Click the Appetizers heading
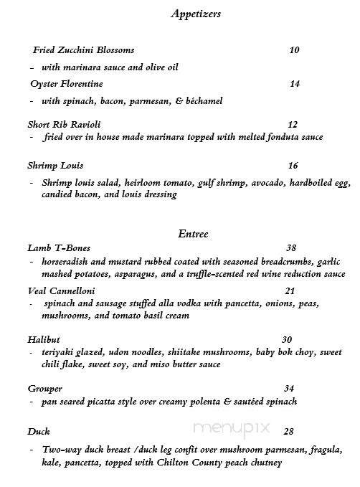tap(196, 13)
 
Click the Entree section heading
tap(192, 233)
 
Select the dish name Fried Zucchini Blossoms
tap(84, 50)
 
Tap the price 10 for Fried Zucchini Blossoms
tap(294, 50)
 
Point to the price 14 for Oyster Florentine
tap(294, 84)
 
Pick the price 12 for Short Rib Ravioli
tap(292, 124)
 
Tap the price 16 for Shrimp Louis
tap(293, 165)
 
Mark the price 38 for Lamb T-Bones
tap(290, 247)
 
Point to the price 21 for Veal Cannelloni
tap(290, 290)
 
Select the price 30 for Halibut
tap(287, 340)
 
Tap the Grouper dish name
tap(44, 388)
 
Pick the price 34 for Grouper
tap(289, 388)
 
